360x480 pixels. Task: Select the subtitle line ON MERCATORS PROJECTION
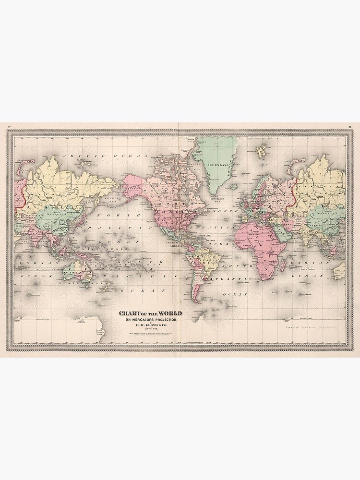click(151, 320)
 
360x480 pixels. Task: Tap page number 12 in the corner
click(9, 127)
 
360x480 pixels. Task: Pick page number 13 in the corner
click(350, 127)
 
